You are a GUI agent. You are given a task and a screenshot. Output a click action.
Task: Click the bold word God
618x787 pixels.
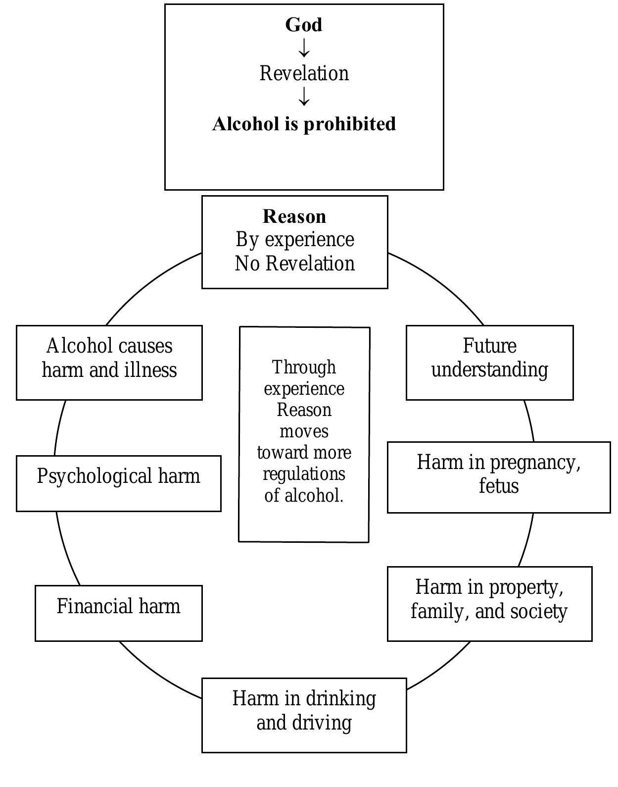click(304, 25)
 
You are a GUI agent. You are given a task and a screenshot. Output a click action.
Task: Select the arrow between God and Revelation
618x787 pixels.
click(304, 48)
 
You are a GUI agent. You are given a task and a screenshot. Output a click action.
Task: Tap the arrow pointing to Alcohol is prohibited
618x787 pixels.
click(304, 97)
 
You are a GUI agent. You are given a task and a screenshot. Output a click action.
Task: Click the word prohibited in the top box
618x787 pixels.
click(349, 124)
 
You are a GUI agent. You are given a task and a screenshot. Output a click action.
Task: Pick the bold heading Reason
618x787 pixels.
click(294, 216)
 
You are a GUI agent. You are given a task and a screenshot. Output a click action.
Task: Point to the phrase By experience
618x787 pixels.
click(295, 240)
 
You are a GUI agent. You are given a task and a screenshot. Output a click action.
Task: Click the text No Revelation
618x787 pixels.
click(295, 263)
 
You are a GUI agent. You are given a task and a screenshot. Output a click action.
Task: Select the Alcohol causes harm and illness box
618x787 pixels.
click(109, 363)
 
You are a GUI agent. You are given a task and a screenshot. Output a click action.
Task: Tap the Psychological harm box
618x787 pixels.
click(119, 483)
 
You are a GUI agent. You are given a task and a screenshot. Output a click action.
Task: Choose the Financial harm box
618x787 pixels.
click(119, 613)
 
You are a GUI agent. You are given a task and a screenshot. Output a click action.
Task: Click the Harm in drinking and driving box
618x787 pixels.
click(304, 715)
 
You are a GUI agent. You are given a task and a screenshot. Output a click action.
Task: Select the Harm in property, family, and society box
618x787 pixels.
click(489, 604)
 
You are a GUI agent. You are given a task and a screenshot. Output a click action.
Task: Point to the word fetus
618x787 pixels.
click(499, 486)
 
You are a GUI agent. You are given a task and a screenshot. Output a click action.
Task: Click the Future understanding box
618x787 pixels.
click(490, 363)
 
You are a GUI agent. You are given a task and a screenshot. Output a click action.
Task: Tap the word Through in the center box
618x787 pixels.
click(304, 367)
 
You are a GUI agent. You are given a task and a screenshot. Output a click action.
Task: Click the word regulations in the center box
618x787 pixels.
click(304, 474)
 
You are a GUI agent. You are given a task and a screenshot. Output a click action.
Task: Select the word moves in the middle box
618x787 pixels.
click(304, 431)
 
